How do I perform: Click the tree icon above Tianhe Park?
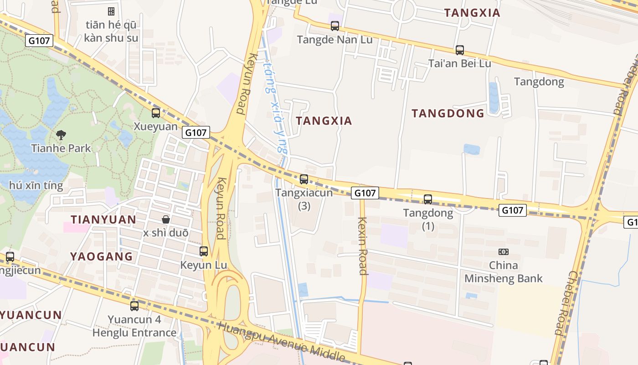pos(61,135)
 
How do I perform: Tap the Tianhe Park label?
pos(61,148)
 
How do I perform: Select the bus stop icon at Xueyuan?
pos(156,113)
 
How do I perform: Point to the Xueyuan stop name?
pos(156,126)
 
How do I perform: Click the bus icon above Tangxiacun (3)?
pos(304,179)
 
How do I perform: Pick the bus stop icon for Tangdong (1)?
pos(428,199)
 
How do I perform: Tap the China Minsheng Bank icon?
pos(503,252)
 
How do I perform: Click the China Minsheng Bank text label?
pos(503,272)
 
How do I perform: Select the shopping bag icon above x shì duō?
pos(166,219)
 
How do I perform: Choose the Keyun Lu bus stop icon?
pos(204,251)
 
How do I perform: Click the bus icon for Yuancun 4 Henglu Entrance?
pos(134,306)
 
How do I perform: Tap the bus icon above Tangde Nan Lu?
pos(335,26)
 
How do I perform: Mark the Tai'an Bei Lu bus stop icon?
pos(460,50)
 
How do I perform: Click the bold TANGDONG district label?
pos(448,114)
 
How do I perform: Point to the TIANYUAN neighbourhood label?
pos(103,219)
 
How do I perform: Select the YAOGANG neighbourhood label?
pos(101,256)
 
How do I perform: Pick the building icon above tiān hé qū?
pos(111,11)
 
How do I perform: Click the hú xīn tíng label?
pos(36,186)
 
